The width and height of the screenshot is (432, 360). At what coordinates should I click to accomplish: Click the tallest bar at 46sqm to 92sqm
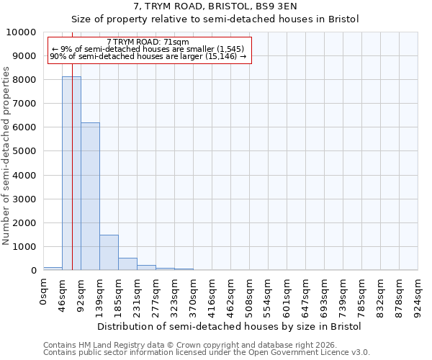71,173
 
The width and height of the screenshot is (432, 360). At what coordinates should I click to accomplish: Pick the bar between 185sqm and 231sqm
127,264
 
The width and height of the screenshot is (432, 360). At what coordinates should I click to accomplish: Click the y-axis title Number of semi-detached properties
6,156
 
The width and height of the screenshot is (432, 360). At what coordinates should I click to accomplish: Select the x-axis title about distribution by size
229,326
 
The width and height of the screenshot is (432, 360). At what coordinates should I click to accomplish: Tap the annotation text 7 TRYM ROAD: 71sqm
148,42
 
